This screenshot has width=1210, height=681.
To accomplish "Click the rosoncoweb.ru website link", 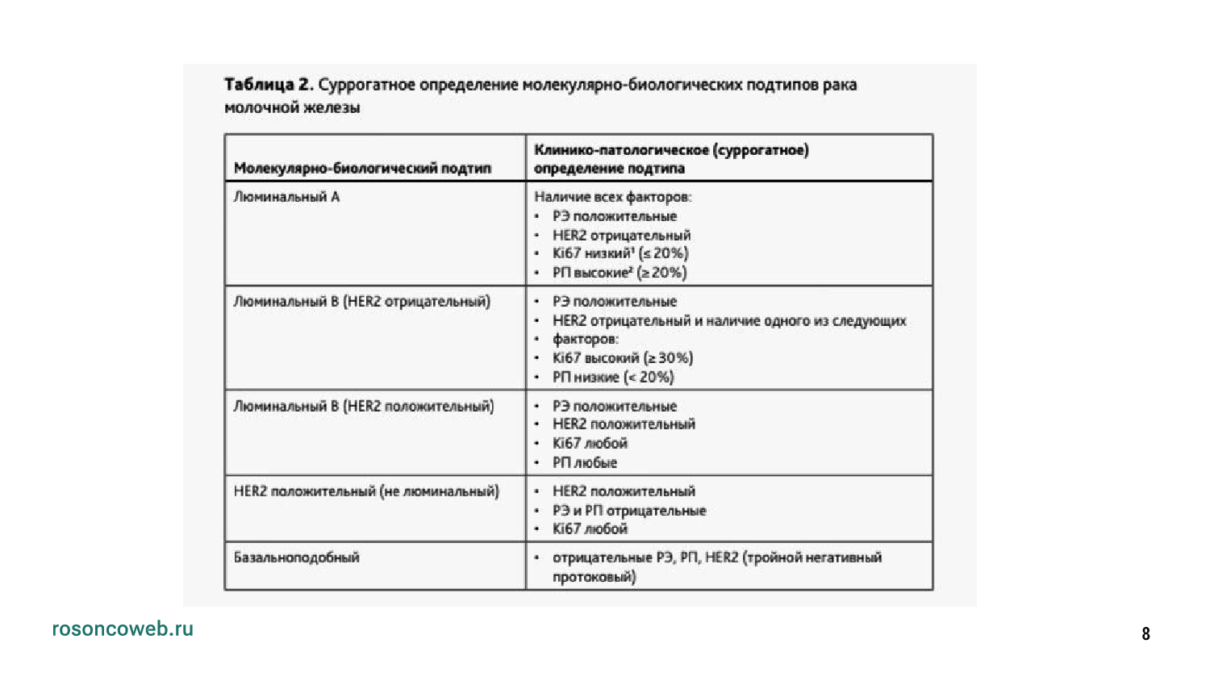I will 123,629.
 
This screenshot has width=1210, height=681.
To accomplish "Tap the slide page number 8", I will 1145,634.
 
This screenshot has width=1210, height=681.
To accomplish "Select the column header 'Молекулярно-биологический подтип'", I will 362,169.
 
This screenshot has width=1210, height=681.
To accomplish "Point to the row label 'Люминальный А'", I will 286,197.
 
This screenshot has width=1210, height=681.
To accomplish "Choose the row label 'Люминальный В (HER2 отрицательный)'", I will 361,302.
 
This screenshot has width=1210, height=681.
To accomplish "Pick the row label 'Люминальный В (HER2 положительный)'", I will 363,406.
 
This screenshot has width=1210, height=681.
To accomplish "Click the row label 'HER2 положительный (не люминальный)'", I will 366,491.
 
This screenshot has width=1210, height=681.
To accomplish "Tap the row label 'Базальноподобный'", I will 296,558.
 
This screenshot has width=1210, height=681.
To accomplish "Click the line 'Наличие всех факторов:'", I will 612,197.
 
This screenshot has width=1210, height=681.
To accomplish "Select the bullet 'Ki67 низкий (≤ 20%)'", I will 620,253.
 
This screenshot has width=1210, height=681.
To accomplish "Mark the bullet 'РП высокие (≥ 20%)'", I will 620,273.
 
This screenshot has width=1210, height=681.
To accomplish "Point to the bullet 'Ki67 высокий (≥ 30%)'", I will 623,357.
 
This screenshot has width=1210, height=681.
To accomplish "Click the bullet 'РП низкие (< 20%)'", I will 613,377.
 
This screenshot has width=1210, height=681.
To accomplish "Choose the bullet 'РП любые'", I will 585,462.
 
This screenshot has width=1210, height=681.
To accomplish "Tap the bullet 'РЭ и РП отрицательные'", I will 629,511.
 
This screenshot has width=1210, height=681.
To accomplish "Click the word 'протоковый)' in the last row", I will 594,577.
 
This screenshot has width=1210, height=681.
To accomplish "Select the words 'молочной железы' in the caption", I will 292,108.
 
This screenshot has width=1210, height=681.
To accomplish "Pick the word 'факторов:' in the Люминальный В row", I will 586,339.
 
